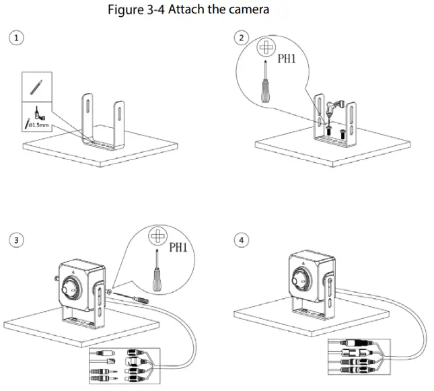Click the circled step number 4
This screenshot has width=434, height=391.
(x=241, y=240)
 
